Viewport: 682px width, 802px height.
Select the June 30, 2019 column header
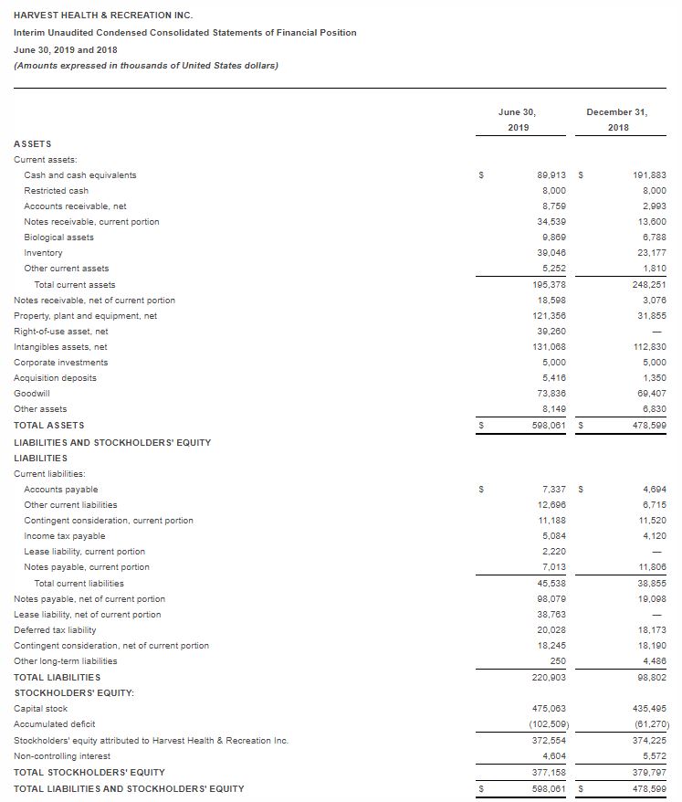(x=517, y=119)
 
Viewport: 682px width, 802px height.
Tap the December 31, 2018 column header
(x=617, y=119)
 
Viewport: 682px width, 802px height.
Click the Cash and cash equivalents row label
(x=80, y=174)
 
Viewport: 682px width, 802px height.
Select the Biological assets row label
(x=58, y=237)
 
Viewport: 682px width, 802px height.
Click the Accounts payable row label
(x=61, y=490)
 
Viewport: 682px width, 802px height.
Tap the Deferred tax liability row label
(x=55, y=630)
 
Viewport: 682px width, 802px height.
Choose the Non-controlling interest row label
(x=62, y=755)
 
